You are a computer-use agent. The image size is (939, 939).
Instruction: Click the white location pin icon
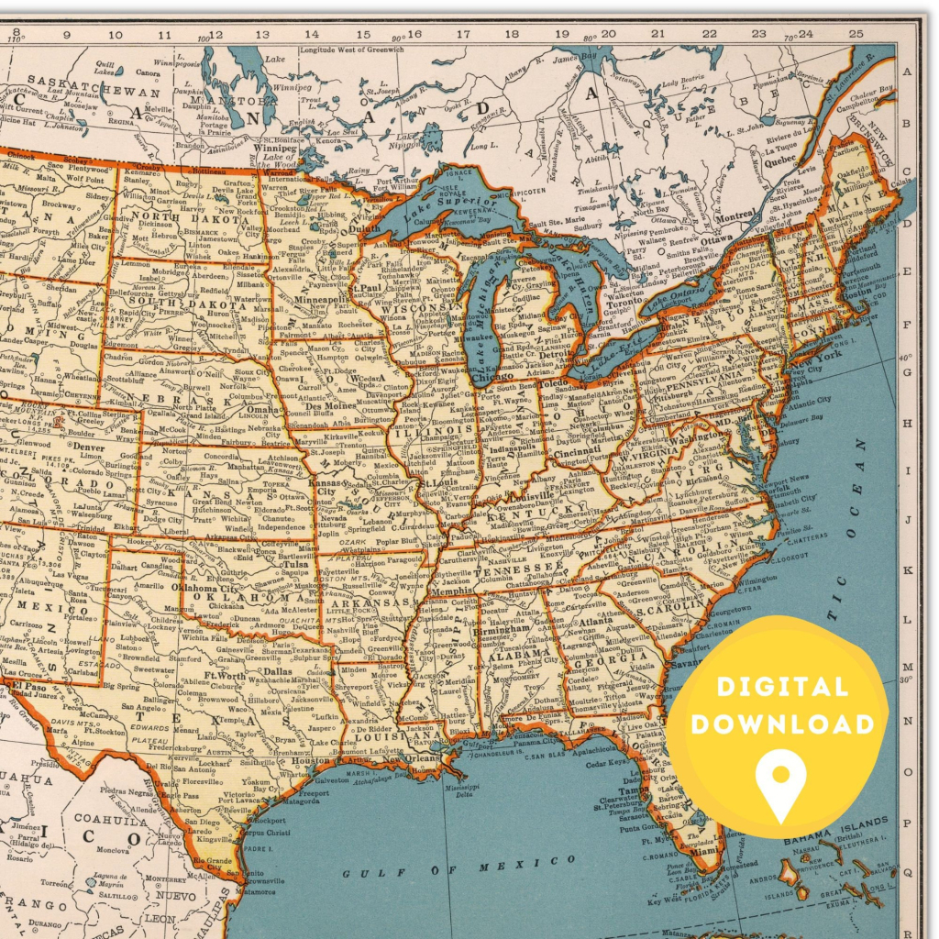click(780, 785)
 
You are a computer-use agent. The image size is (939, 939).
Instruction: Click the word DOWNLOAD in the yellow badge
click(782, 724)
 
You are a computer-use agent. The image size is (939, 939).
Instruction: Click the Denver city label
click(89, 447)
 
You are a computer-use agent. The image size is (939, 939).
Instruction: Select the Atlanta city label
click(596, 621)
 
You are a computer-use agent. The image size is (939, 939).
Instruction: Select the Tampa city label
click(628, 790)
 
